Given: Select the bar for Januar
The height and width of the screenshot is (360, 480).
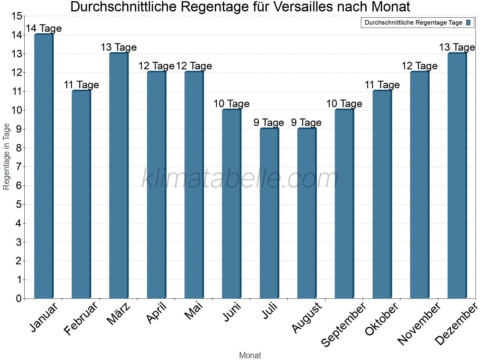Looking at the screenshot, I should point(43,166).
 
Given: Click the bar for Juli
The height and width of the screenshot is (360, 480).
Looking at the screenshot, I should point(269,213).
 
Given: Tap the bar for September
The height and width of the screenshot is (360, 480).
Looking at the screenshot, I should point(344,204).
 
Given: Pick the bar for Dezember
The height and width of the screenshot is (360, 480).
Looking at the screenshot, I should point(457,176).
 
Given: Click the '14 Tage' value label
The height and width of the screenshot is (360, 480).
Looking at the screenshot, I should point(43,28).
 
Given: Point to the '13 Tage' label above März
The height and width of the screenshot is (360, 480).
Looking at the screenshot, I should point(118,47).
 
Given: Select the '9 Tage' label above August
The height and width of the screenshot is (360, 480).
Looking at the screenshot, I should point(306,123).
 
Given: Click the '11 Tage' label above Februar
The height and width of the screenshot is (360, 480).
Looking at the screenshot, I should point(81,85).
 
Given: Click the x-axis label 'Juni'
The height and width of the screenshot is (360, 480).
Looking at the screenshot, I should point(232,312).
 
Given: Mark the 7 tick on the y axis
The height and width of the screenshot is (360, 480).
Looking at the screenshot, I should point(19,167).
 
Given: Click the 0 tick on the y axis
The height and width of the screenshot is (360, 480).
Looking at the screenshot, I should point(19,298).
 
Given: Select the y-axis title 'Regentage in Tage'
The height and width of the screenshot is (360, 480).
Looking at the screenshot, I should point(6,157).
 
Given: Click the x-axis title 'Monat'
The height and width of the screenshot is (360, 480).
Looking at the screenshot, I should point(250,355).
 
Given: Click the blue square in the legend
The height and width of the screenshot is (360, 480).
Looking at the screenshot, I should point(468,22).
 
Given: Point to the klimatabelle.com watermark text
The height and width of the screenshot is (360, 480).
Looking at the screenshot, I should point(240,178).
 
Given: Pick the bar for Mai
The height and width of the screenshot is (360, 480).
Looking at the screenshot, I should point(194,185).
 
